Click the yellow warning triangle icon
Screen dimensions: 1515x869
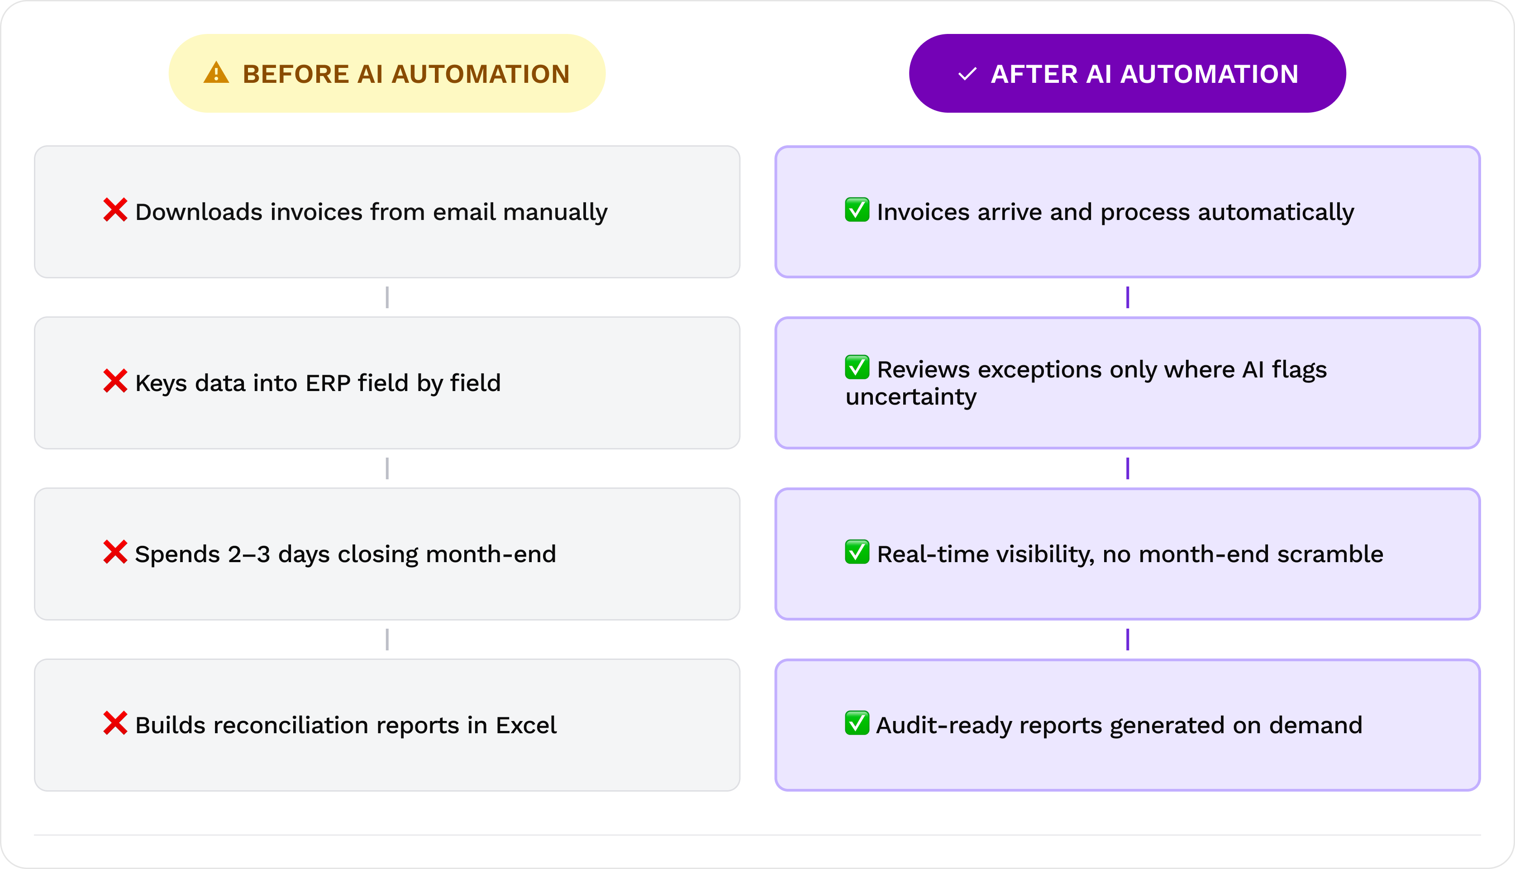(x=216, y=73)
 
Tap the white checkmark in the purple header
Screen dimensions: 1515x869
(x=967, y=75)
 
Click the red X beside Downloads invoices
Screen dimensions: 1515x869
(x=115, y=210)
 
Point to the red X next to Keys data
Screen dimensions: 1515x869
(x=115, y=381)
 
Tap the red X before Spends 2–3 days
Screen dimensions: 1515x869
(x=115, y=552)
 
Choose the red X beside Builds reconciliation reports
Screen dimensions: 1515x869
(x=115, y=723)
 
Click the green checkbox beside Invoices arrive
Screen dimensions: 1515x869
(x=857, y=210)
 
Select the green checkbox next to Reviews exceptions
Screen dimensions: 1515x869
(x=857, y=367)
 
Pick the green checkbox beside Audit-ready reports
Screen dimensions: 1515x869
(x=857, y=723)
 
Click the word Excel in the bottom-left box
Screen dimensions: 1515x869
(x=526, y=725)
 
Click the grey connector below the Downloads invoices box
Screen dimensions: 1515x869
(x=387, y=297)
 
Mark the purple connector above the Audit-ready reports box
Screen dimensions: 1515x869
(x=1127, y=639)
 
